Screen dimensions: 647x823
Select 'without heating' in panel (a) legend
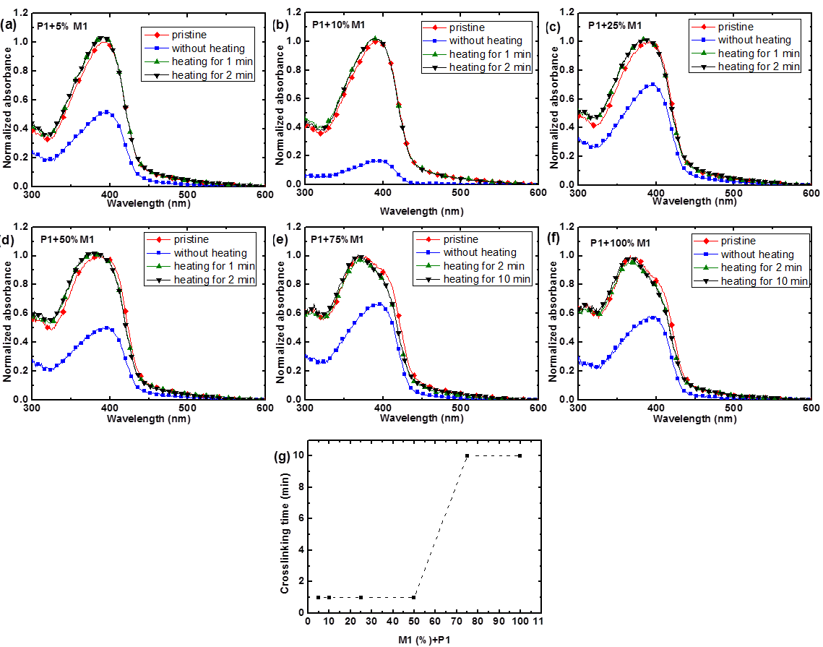click(208, 48)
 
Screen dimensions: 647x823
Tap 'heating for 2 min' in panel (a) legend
click(212, 75)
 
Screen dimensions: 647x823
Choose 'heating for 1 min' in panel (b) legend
click(490, 54)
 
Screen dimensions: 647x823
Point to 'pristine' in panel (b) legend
click(467, 27)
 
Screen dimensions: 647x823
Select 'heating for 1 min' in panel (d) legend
click(214, 266)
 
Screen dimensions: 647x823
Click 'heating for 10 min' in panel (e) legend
click(487, 279)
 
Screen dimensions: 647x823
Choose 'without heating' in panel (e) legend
click(480, 252)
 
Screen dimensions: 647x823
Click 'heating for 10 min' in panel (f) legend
click(764, 281)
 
